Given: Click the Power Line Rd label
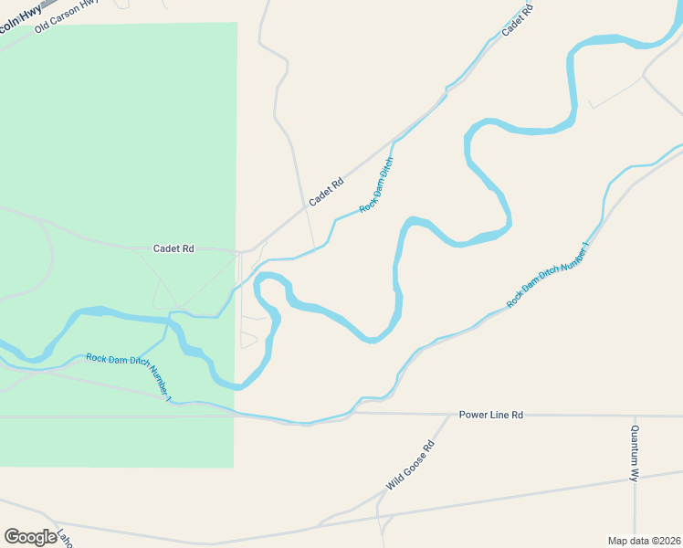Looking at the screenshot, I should [x=490, y=415].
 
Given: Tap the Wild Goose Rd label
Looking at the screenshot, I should [x=409, y=465].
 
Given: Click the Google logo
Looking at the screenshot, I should [x=30, y=536].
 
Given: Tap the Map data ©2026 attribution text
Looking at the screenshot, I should [x=644, y=540].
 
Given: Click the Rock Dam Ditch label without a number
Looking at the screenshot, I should [x=376, y=185].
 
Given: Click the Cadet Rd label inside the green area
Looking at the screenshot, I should [x=173, y=248].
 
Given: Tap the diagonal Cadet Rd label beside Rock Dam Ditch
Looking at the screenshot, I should [x=326, y=191].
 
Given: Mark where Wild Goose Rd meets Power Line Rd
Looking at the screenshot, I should [x=450, y=415].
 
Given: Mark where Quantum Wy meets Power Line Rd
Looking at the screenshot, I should [x=634, y=416].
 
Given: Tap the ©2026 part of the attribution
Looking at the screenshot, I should [x=664, y=540].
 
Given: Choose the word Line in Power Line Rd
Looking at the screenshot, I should [x=497, y=415].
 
